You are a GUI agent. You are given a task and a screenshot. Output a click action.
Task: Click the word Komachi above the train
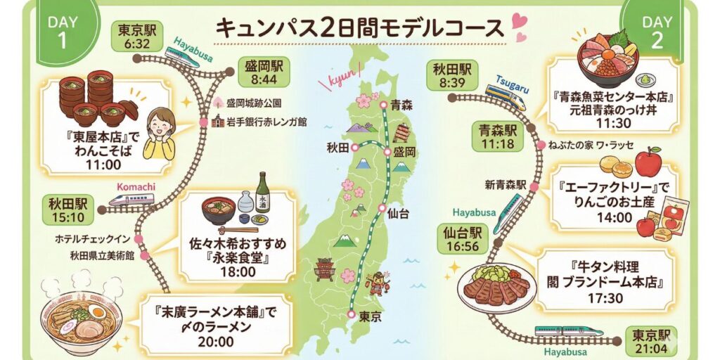tap(131, 188)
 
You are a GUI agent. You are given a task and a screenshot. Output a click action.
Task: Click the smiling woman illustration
tap(160, 133)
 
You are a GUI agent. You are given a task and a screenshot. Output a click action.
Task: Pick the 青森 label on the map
tap(401, 105)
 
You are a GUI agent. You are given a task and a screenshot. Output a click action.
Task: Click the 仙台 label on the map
tap(397, 214)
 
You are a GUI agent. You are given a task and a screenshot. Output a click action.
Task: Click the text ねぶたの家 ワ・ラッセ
tap(594, 146)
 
